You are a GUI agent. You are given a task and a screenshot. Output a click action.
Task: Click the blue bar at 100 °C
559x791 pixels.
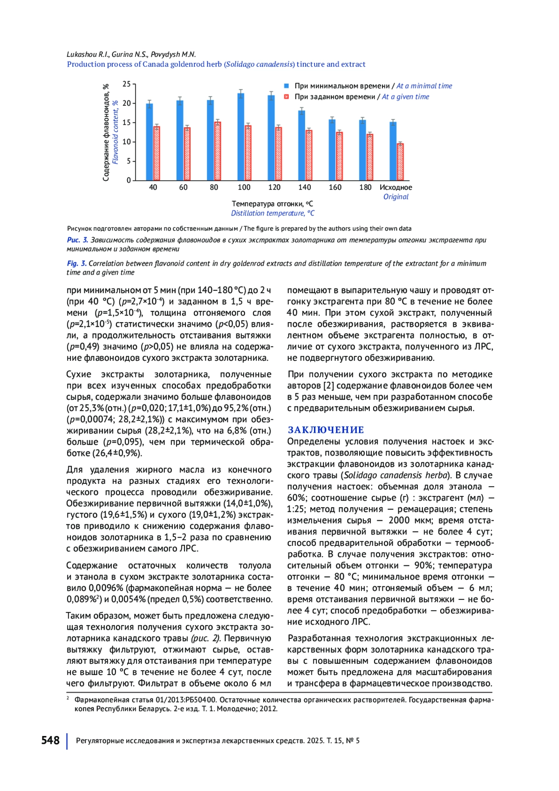click(x=241, y=137)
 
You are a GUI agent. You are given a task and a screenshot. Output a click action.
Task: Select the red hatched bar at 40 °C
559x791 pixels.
click(x=157, y=153)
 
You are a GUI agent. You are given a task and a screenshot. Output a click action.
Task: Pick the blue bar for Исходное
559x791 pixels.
click(x=393, y=151)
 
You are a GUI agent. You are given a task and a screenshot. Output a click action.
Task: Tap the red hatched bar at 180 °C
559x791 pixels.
click(x=370, y=157)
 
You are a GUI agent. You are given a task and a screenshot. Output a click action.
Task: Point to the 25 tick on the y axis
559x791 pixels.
click(x=127, y=84)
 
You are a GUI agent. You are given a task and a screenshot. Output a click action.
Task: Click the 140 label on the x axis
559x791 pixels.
click(x=305, y=187)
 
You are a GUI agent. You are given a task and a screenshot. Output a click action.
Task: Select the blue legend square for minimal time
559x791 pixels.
click(x=287, y=86)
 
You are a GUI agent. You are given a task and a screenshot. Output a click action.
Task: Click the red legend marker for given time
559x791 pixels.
click(x=287, y=97)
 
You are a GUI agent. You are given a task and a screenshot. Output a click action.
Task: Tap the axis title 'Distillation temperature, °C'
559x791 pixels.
click(x=273, y=213)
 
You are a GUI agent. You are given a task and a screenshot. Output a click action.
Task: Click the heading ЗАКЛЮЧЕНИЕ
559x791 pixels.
click(x=326, y=430)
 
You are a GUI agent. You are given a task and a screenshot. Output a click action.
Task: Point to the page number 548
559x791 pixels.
click(x=50, y=741)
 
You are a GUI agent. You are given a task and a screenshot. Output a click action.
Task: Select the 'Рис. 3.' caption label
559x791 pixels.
click(x=77, y=240)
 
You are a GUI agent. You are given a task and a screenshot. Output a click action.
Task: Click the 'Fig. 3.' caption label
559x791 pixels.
click(x=76, y=263)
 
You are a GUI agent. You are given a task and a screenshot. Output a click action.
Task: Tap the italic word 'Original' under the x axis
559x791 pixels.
click(x=395, y=197)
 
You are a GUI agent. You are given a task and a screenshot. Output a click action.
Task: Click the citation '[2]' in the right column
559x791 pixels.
click(x=328, y=386)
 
